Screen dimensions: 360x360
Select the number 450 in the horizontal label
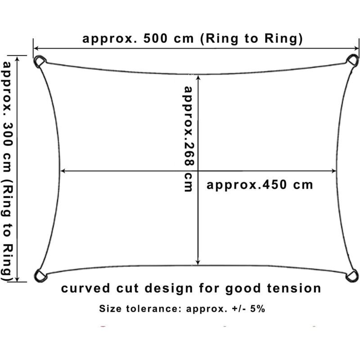pyautogui.click(x=274, y=185)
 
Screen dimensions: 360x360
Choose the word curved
pyautogui.click(x=85, y=288)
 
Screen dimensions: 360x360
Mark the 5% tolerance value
pyautogui.click(x=257, y=309)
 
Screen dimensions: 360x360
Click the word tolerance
pyautogui.click(x=153, y=309)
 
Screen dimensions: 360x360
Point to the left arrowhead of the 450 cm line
pyautogui.click(x=63, y=171)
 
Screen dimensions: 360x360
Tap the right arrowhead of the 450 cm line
pyautogui.click(x=333, y=171)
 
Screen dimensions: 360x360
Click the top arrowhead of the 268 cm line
pyautogui.click(x=198, y=77)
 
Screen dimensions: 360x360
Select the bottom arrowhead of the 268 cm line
pyautogui.click(x=198, y=262)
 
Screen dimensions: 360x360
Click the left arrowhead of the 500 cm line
pyautogui.click(x=36, y=49)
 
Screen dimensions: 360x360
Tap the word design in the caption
pyautogui.click(x=169, y=288)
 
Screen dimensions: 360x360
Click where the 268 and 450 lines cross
pyautogui.click(x=198, y=171)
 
